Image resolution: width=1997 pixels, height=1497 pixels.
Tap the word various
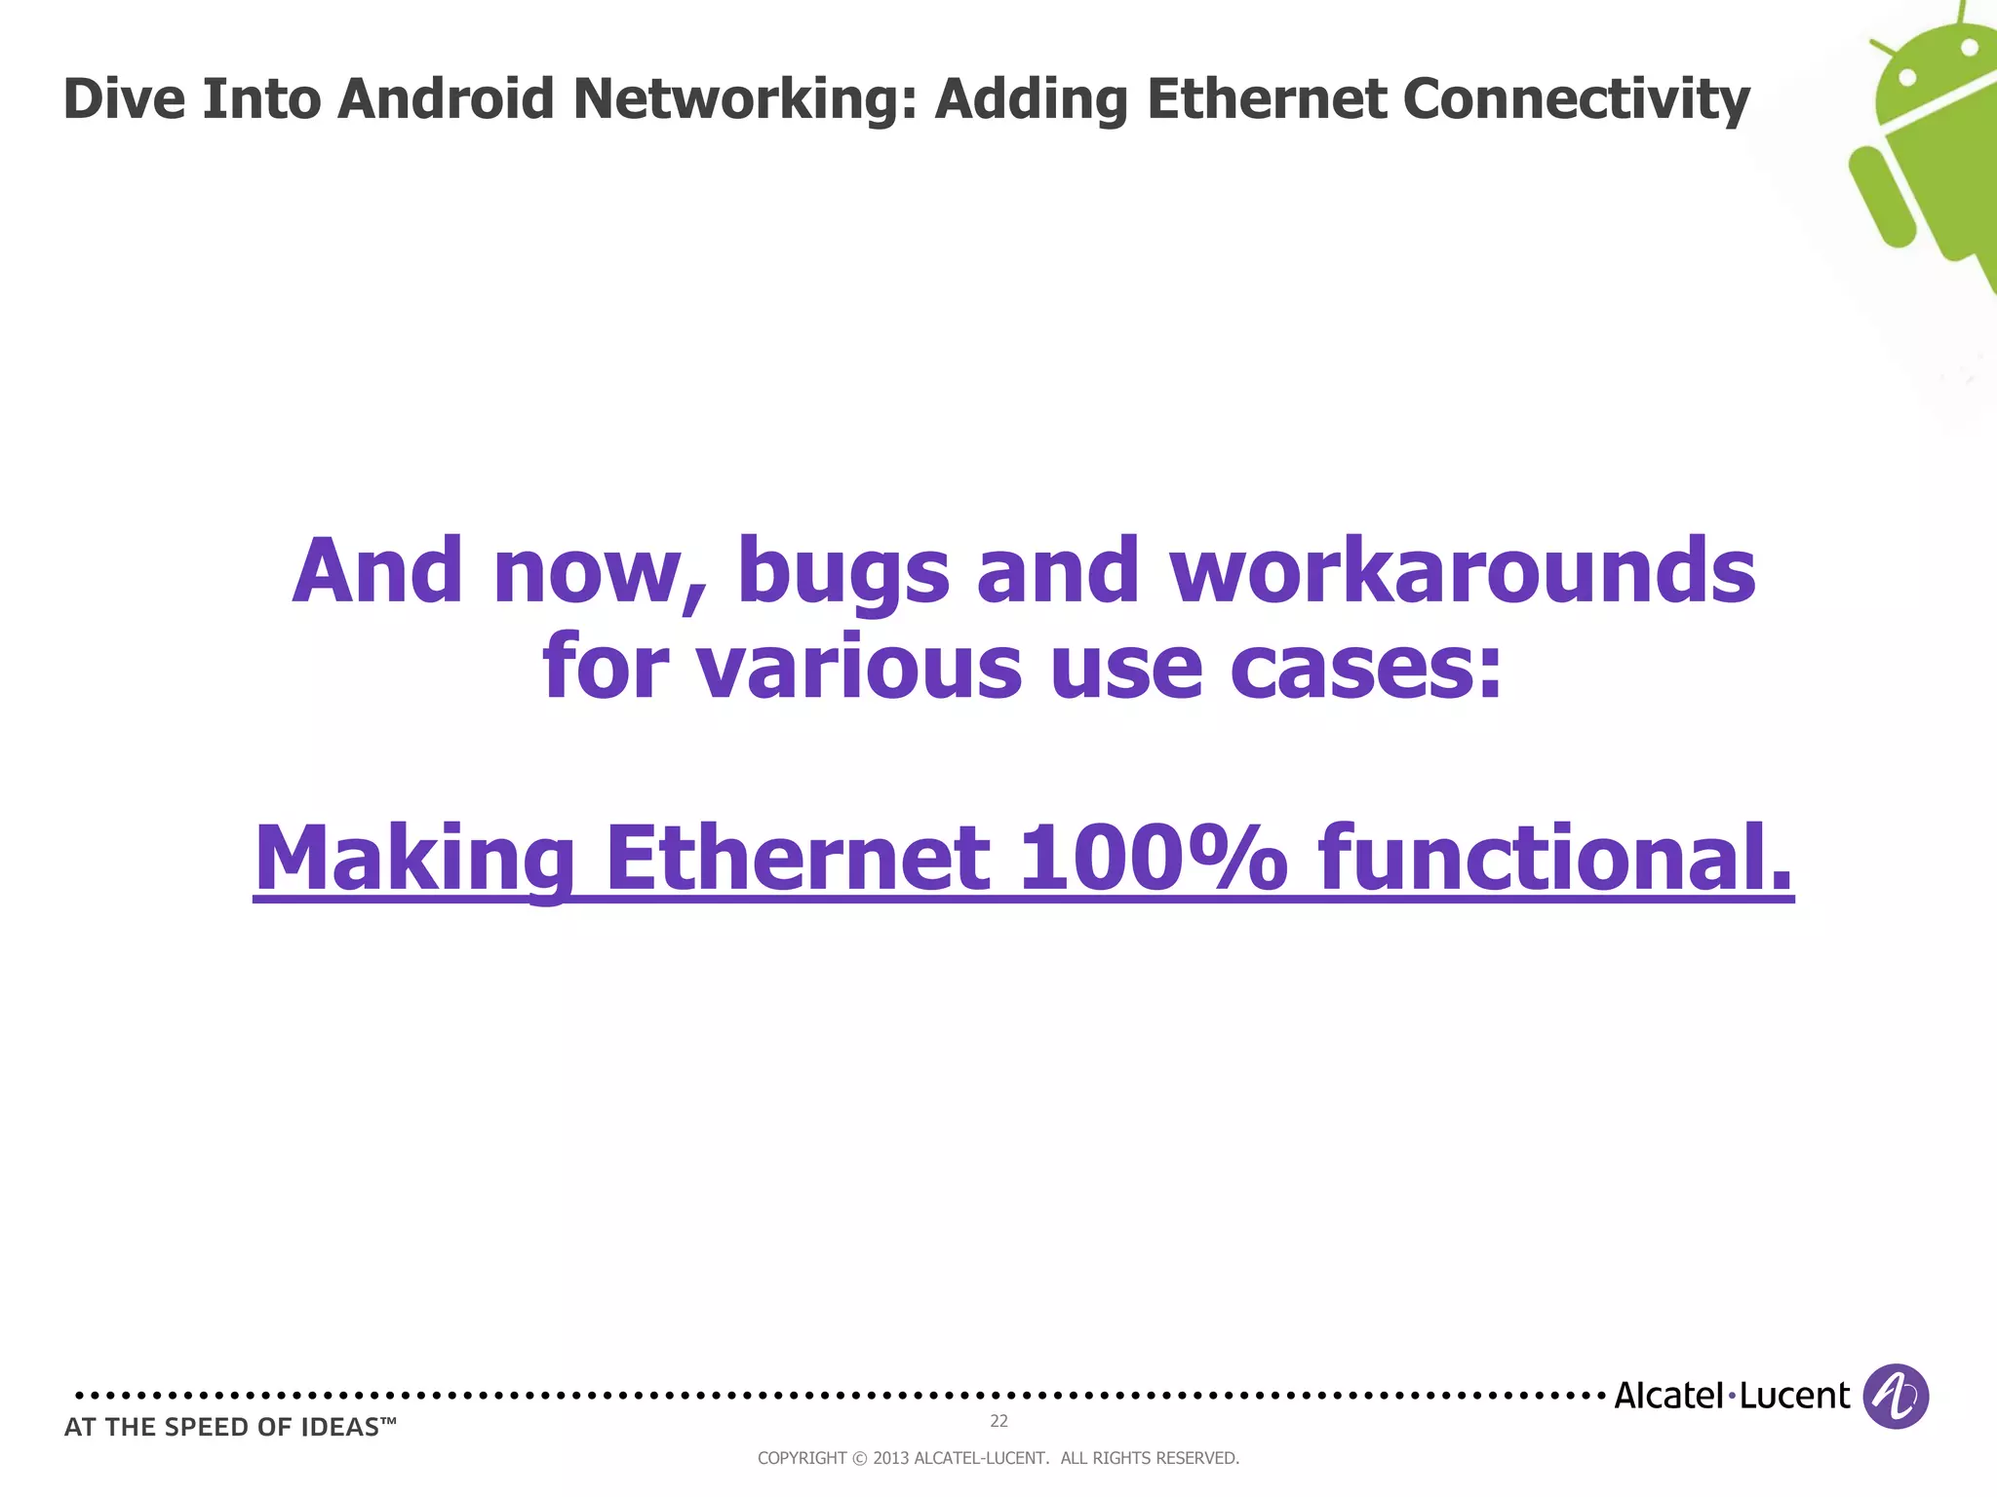tap(859, 668)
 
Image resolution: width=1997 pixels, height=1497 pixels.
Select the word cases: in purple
tap(1366, 668)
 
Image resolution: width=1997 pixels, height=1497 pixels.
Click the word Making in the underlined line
tap(414, 859)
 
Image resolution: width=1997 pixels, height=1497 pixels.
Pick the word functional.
tap(1555, 857)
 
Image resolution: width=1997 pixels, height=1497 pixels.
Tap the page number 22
tap(998, 1421)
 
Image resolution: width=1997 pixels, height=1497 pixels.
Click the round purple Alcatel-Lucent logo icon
tap(1896, 1396)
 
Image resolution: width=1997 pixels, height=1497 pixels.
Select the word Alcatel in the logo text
tap(1668, 1396)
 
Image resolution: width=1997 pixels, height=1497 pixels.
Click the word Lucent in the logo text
tap(1794, 1396)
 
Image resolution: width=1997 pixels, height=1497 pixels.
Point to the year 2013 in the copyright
tap(890, 1458)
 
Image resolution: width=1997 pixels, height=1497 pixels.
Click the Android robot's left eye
tap(1908, 76)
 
